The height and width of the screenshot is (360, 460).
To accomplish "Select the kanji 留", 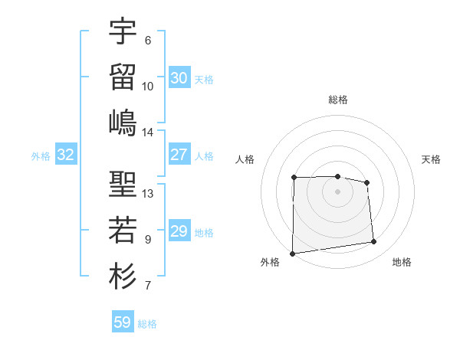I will (123, 77).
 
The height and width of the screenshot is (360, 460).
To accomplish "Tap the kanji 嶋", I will (123, 123).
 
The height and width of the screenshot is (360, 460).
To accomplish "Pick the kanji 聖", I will (123, 184).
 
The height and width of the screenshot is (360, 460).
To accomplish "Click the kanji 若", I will (123, 230).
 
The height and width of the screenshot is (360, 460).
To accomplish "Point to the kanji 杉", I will (123, 276).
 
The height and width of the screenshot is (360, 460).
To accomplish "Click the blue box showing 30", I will (179, 78).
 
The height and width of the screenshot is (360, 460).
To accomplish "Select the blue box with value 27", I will (179, 155).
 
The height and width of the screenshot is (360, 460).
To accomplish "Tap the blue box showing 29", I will (179, 231).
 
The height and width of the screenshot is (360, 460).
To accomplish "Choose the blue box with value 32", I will (65, 155).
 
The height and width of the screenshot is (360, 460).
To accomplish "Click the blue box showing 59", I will (122, 322).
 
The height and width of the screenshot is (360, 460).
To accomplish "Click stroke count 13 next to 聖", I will (148, 193).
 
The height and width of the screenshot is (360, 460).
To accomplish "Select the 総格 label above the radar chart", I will (337, 100).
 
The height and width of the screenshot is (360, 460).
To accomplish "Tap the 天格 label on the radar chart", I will (431, 159).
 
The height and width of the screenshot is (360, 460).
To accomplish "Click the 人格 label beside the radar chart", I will (245, 159).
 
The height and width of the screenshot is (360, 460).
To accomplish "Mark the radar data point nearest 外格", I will (292, 254).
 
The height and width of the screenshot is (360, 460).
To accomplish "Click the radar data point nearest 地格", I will (374, 242).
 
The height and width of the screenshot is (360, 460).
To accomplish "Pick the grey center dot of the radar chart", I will (337, 191).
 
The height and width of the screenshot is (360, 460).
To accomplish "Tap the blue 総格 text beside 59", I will (147, 324).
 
